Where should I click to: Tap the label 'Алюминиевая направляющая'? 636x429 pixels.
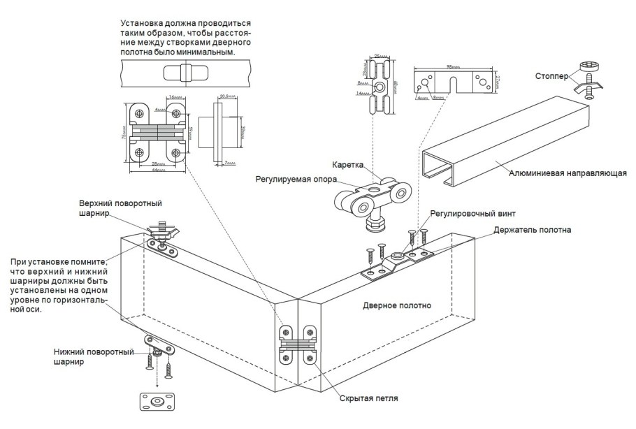click(565, 173)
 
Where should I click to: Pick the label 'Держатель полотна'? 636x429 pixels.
click(531, 229)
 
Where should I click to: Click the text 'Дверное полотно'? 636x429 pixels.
click(397, 305)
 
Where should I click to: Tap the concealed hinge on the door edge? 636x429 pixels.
click(298, 344)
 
